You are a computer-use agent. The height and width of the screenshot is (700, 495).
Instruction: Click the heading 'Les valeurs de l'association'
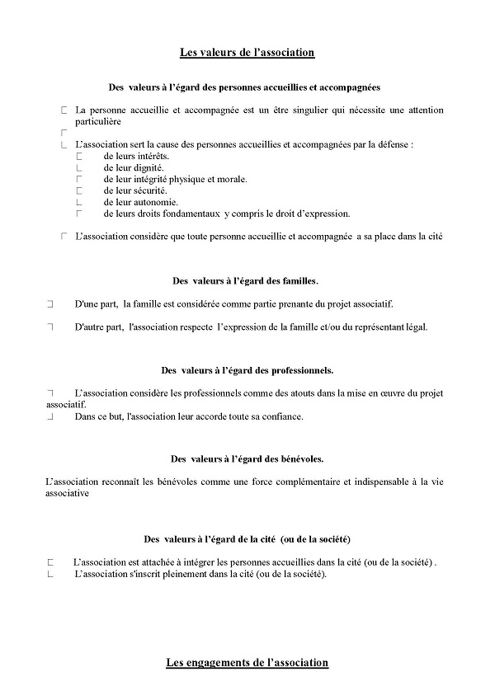(247, 53)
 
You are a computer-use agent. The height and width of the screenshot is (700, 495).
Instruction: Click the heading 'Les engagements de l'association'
(247, 662)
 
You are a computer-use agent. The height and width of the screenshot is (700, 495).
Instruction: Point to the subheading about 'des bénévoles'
(247, 458)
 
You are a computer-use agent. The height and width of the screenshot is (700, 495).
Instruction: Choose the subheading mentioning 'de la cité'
(247, 539)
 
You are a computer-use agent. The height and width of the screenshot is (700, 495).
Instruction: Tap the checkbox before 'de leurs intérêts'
(80, 156)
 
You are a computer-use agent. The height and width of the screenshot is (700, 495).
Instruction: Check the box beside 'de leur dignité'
(80, 167)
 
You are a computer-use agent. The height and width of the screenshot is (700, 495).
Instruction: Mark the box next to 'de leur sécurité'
(80, 190)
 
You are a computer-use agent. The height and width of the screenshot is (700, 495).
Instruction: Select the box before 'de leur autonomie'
(80, 202)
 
